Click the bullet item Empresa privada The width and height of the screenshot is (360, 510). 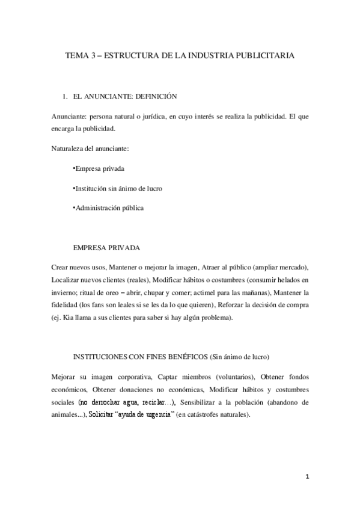click(98, 169)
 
